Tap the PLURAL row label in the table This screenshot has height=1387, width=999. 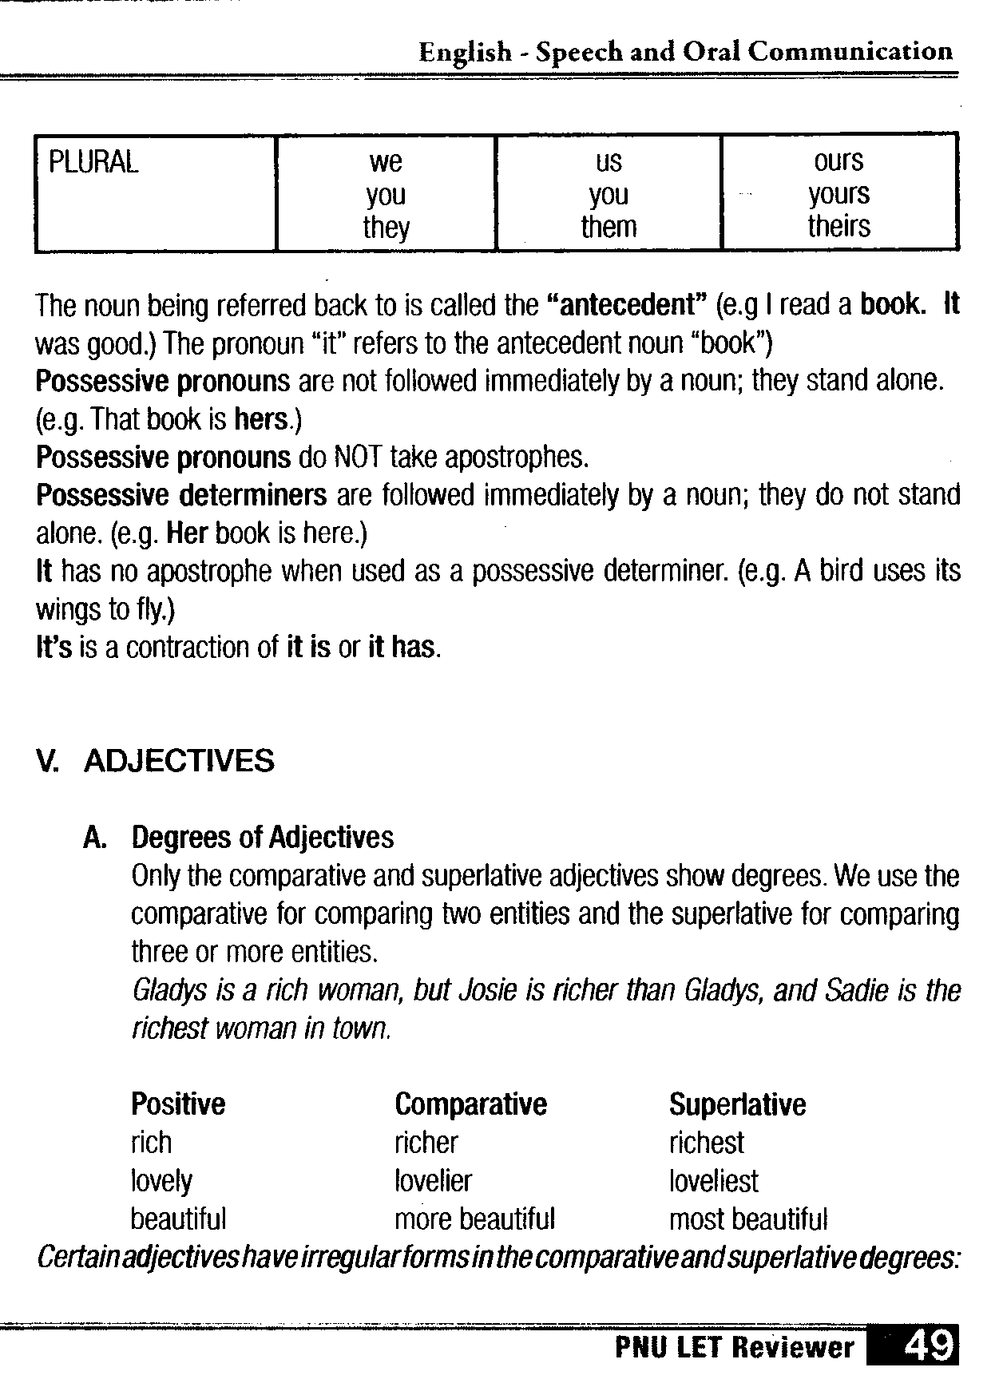(93, 162)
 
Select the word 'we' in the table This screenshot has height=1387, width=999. (386, 162)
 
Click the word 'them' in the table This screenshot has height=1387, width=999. (609, 227)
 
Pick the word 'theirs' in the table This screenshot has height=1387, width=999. (838, 226)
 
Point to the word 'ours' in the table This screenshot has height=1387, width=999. (838, 161)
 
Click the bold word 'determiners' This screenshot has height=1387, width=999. (252, 495)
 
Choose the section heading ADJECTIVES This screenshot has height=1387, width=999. (179, 761)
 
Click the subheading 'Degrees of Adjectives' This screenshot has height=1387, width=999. (263, 838)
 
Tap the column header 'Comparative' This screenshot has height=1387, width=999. (470, 1104)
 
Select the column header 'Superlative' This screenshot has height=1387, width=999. (737, 1104)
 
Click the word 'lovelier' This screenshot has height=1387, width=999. (433, 1181)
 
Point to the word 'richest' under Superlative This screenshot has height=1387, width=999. (706, 1143)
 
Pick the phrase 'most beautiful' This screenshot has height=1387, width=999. (748, 1219)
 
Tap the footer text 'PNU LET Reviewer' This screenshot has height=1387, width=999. (735, 1349)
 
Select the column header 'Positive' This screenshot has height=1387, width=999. (178, 1104)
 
